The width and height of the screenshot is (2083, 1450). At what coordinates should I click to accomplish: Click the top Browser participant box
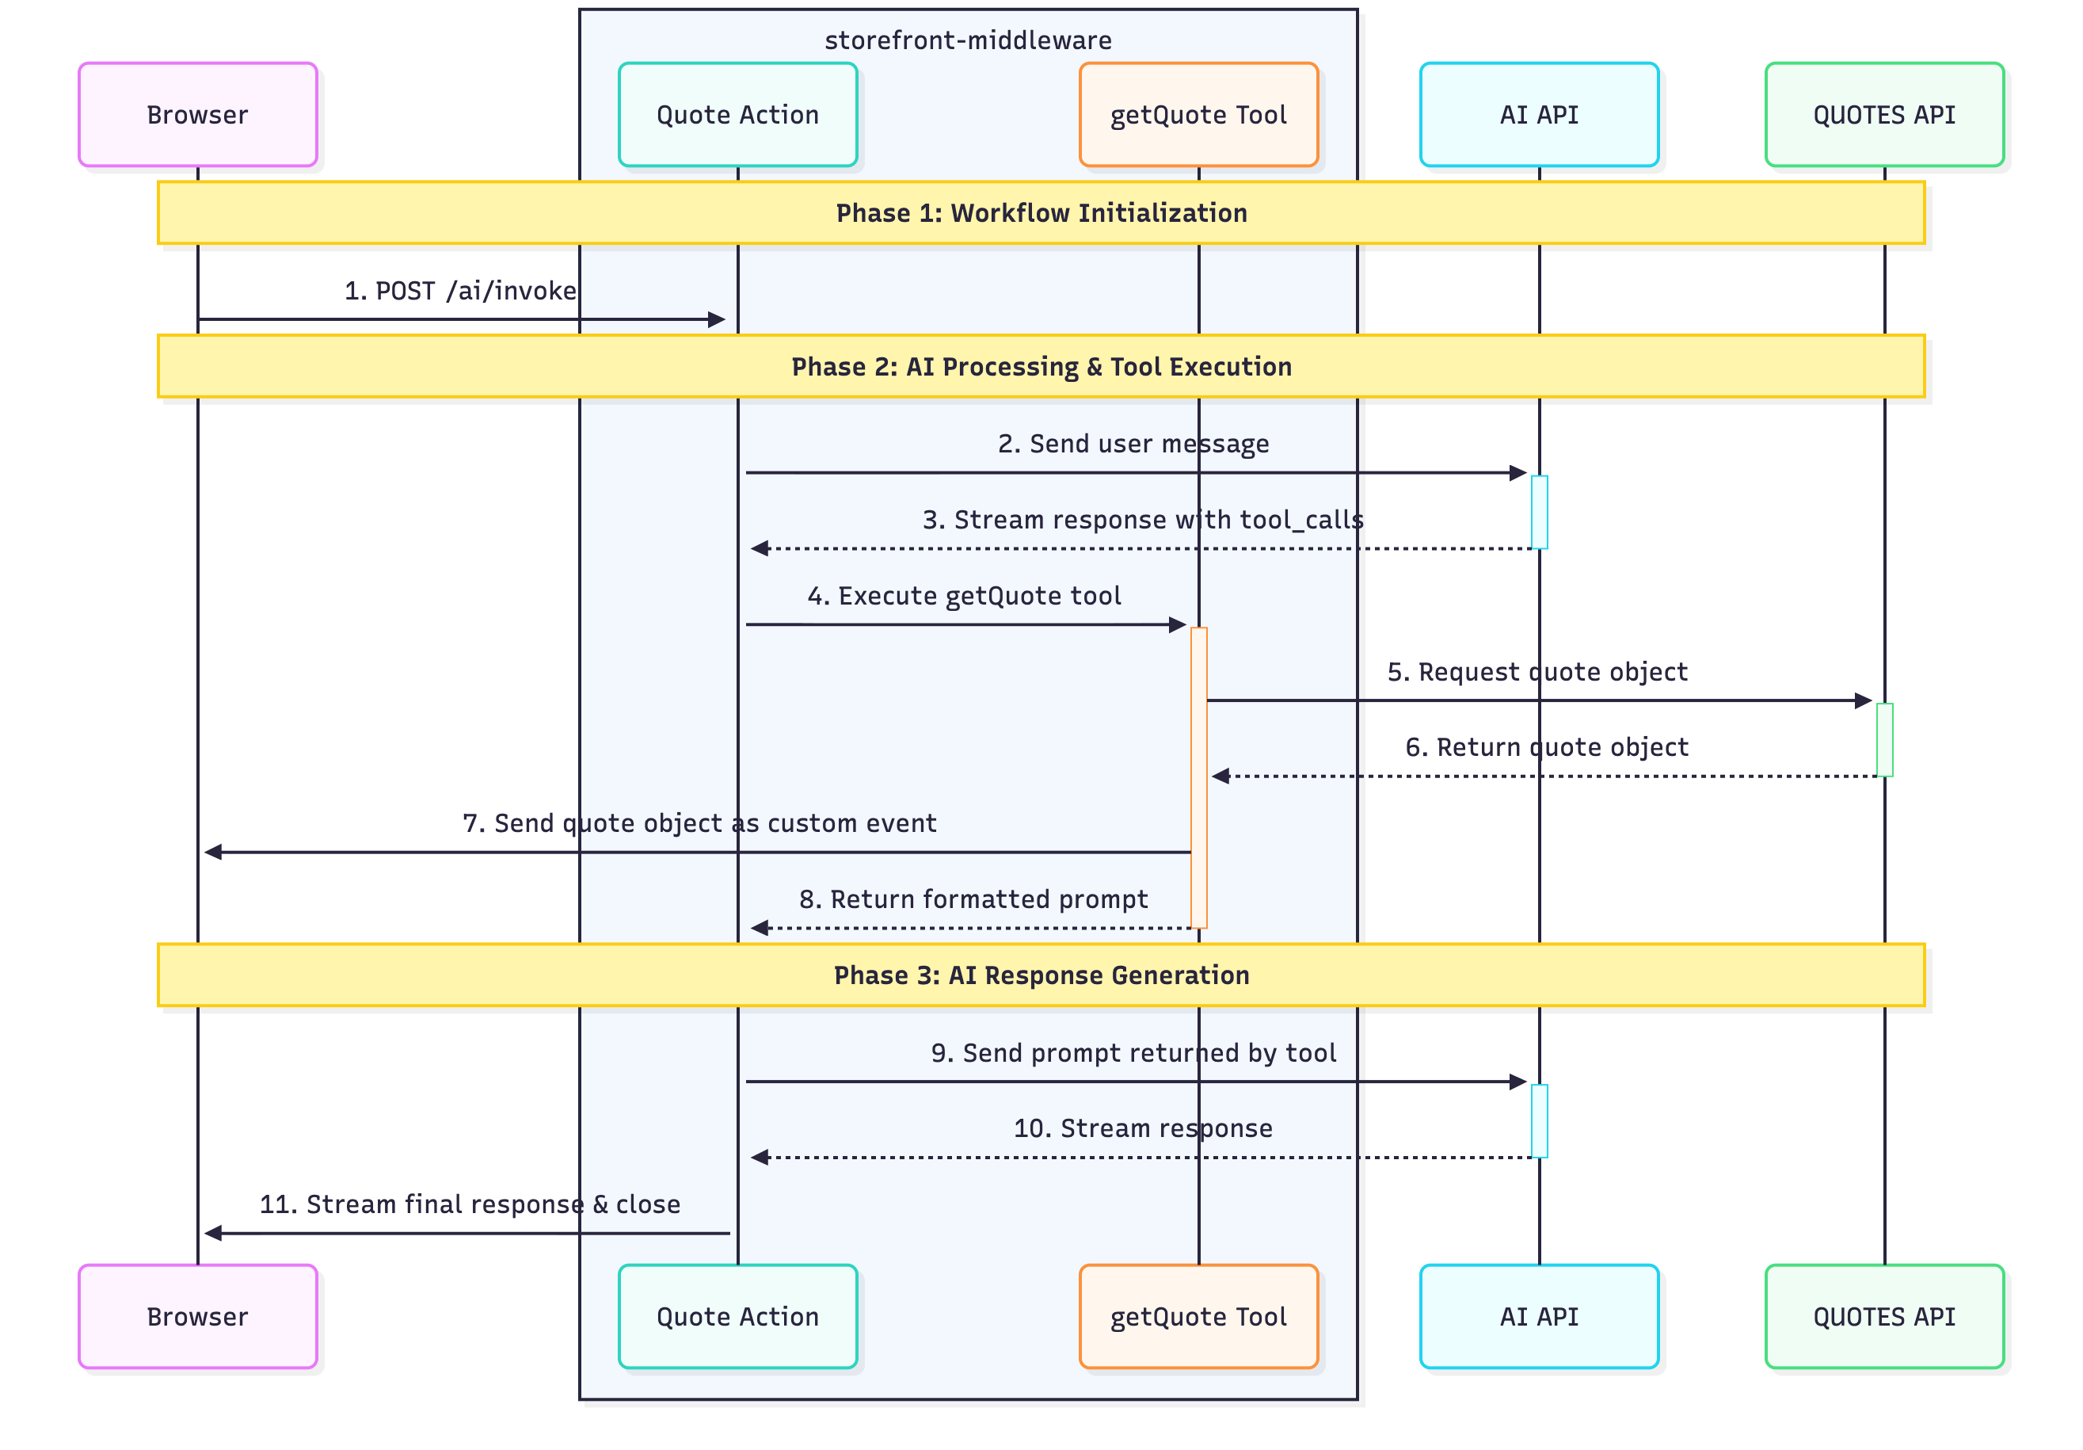pyautogui.click(x=198, y=114)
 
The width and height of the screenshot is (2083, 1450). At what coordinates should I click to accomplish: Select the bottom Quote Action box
pyautogui.click(x=737, y=1316)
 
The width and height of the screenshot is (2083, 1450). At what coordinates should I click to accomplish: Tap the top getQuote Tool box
pyautogui.click(x=1198, y=114)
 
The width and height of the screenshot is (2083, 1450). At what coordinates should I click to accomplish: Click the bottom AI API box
pyautogui.click(x=1539, y=1316)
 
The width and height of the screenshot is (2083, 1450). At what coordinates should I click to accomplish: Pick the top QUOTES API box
pyautogui.click(x=1883, y=114)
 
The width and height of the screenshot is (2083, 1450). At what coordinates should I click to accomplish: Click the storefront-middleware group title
pyautogui.click(x=967, y=40)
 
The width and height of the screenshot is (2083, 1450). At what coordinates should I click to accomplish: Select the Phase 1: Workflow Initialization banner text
pyautogui.click(x=1041, y=212)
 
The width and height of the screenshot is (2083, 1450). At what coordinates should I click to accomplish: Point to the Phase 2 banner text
pyautogui.click(x=1041, y=366)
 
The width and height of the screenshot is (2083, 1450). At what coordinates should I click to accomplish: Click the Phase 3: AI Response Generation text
pyautogui.click(x=1041, y=975)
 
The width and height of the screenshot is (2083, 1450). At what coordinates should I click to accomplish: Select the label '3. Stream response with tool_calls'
pyautogui.click(x=1142, y=519)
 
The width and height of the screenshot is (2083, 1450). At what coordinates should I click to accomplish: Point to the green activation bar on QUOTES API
pyautogui.click(x=1884, y=739)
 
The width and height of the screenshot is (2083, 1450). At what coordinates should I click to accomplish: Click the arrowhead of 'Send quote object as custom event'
pyautogui.click(x=213, y=852)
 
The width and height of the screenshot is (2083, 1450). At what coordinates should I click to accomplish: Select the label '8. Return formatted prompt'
pyautogui.click(x=973, y=899)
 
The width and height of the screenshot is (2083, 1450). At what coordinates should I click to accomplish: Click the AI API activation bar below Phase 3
pyautogui.click(x=1539, y=1120)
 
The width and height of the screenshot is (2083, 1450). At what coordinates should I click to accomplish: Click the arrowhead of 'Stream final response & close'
pyautogui.click(x=213, y=1233)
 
